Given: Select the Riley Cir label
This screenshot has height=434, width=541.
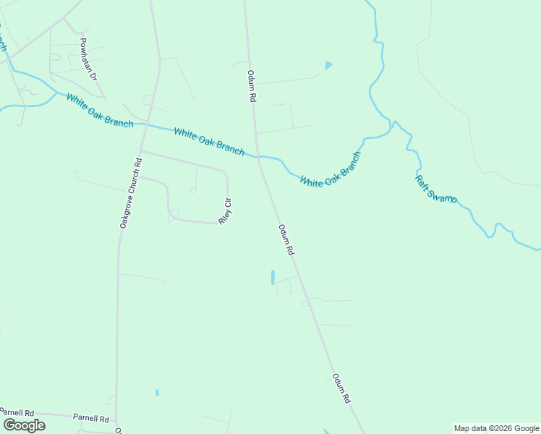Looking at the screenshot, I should [225, 210].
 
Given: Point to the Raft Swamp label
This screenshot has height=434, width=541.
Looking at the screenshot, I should [435, 189].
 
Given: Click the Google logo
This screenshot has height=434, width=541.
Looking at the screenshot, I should [24, 425].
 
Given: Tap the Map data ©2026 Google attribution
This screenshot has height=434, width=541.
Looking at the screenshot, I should [497, 428].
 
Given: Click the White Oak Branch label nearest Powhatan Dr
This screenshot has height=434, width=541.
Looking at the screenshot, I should [100, 111].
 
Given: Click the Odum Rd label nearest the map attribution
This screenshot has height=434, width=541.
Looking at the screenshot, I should [341, 388].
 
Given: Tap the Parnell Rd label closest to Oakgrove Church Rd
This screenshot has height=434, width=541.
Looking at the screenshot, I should [90, 418].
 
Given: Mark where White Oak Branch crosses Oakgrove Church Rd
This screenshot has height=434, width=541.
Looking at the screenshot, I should [146, 124].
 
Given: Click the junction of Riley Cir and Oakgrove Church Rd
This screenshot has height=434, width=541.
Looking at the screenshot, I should [141, 151].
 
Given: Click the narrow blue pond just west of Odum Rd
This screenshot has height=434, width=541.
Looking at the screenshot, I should [272, 276].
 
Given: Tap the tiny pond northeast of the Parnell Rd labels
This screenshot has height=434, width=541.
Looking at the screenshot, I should [156, 393].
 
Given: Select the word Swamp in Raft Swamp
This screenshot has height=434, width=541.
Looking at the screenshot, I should [441, 194].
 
